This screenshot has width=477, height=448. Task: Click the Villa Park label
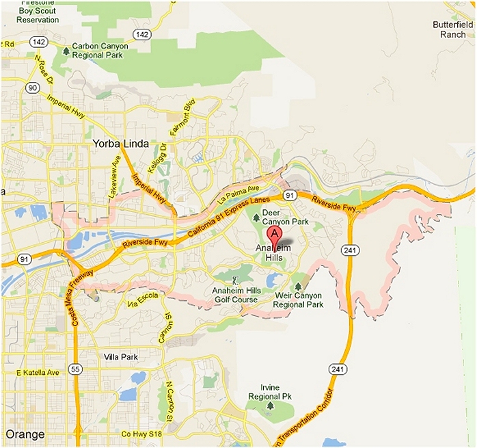[x=121, y=357]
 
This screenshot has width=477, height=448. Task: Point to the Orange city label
[x=25, y=434]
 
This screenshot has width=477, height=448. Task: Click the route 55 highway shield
[x=77, y=370]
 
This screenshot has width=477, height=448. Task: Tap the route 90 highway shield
[x=32, y=88]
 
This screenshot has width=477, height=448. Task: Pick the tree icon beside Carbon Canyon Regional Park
[x=66, y=50]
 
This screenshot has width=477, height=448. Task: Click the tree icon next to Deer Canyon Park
[x=256, y=218]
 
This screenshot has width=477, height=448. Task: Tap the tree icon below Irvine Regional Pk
[x=270, y=406]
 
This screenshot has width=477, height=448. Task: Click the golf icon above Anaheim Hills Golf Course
[x=234, y=280]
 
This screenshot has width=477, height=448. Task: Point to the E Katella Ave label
[x=38, y=372]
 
